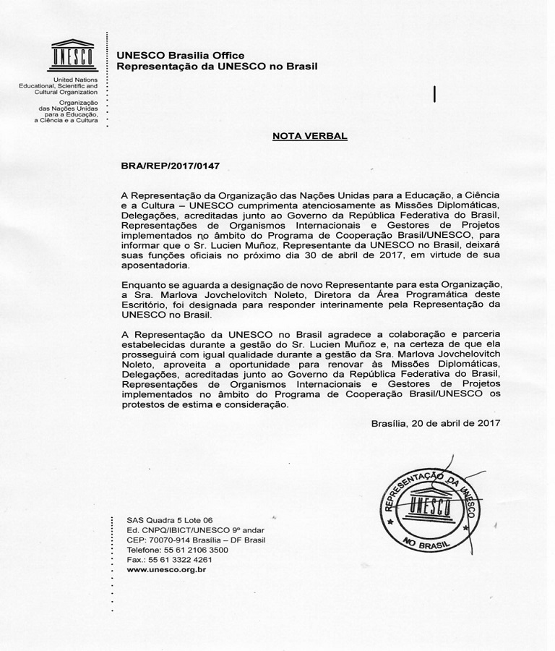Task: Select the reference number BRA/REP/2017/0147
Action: coord(170,166)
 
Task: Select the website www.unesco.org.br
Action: coord(166,570)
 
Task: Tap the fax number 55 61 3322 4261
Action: coord(184,560)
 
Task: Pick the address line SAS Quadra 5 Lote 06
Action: coord(170,520)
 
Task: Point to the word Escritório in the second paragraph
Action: coord(144,305)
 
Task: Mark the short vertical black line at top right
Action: coord(434,94)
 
